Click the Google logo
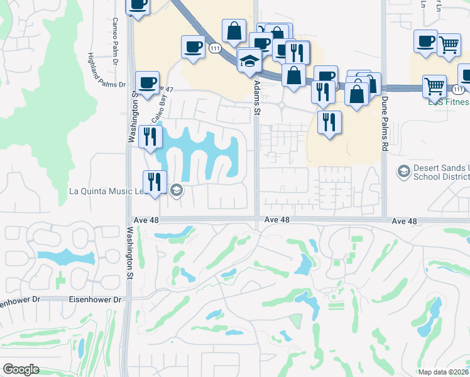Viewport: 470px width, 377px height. point(21,369)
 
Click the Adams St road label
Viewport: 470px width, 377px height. point(256,97)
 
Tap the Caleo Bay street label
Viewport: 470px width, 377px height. point(158,107)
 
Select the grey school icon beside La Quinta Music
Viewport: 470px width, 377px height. point(177,190)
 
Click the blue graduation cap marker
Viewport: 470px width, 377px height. point(249,61)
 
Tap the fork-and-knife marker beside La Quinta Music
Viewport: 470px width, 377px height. point(155,182)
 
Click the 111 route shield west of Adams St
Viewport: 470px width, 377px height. point(216,48)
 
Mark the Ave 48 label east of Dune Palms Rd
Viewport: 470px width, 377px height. point(404,221)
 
